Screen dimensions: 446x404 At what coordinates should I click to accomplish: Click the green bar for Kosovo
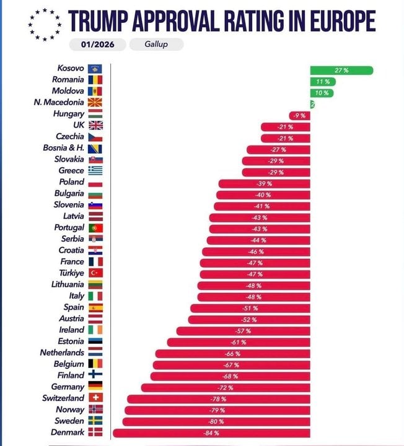pyautogui.click(x=341, y=70)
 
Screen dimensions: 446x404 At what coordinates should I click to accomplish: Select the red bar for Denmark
pyautogui.click(x=211, y=432)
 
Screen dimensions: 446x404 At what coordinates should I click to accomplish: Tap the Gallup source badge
pyautogui.click(x=156, y=45)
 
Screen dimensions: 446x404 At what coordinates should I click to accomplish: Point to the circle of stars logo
pyautogui.click(x=45, y=25)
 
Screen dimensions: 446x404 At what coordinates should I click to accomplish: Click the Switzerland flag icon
pyautogui.click(x=95, y=398)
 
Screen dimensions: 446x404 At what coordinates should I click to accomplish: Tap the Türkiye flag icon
pyautogui.click(x=95, y=273)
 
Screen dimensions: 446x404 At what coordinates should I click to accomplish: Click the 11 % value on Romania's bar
pyautogui.click(x=322, y=81)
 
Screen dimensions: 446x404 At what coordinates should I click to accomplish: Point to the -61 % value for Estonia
pyautogui.click(x=239, y=342)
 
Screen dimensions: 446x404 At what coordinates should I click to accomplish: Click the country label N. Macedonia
pyautogui.click(x=59, y=102)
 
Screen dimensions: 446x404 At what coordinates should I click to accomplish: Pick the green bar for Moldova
pyautogui.click(x=322, y=92)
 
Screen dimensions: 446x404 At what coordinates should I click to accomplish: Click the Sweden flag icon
pyautogui.click(x=95, y=421)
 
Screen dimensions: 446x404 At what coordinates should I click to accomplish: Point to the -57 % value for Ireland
pyautogui.click(x=243, y=331)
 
